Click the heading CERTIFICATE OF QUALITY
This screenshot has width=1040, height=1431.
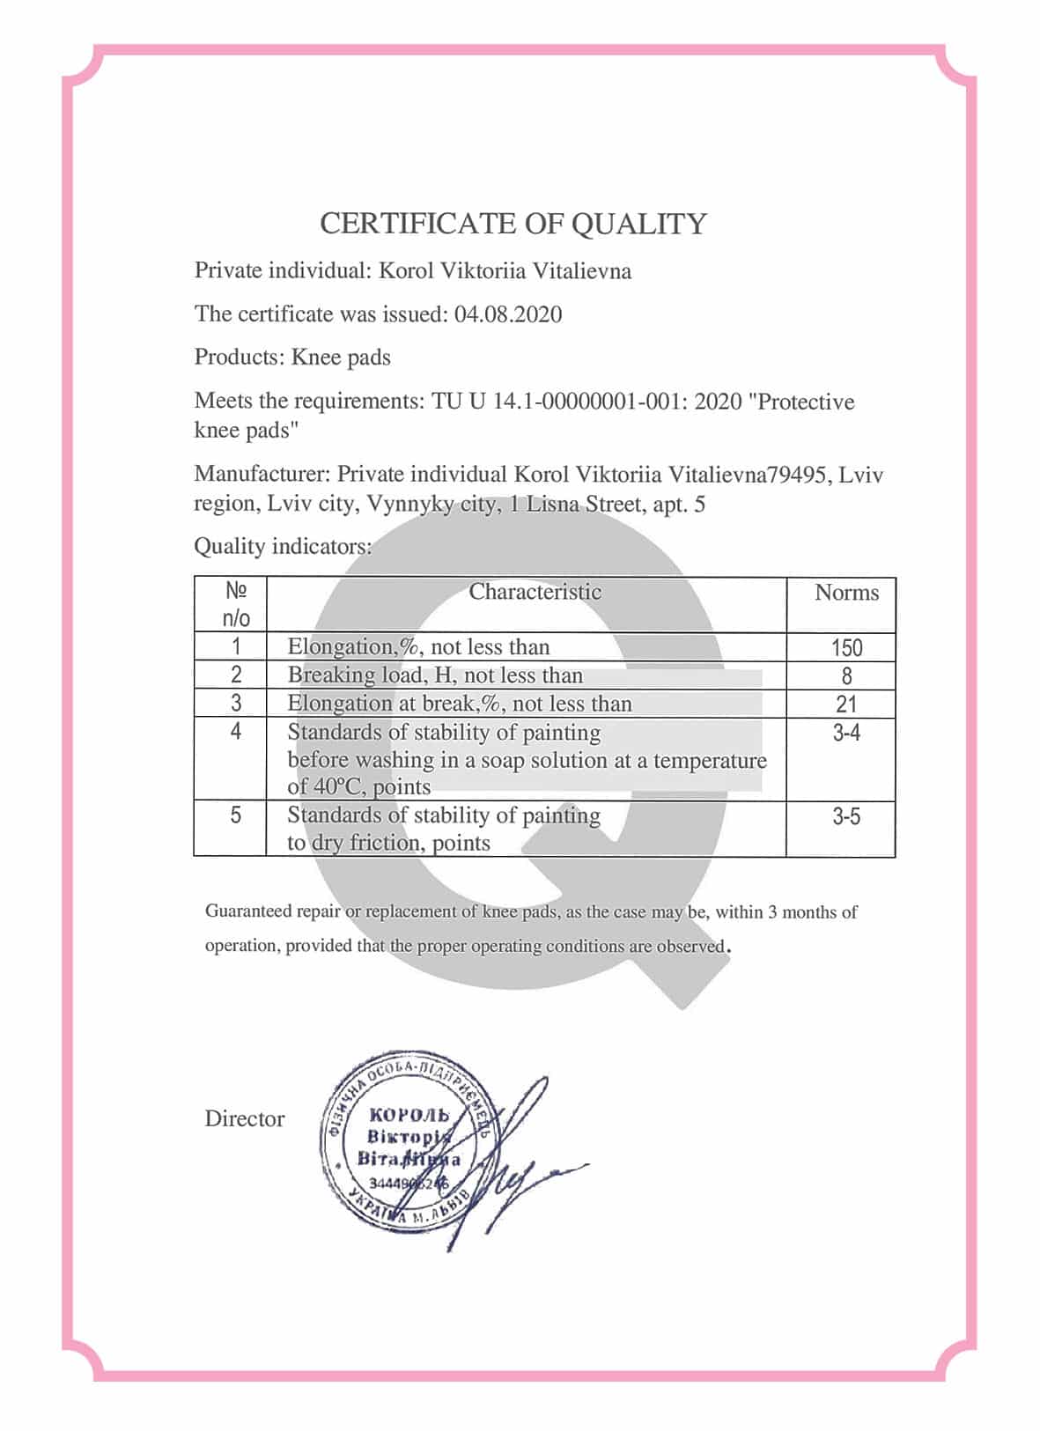513,224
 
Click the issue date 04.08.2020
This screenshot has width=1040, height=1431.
508,314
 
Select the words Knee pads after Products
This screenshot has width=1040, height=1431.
341,358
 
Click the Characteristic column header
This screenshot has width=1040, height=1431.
535,592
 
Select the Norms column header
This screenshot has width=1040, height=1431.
846,593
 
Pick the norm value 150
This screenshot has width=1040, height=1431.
846,648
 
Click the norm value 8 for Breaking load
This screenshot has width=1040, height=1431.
846,676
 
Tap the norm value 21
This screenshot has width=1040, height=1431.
846,704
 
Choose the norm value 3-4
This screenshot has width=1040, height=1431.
846,733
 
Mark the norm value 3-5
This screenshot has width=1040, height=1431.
846,816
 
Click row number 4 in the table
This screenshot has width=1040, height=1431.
235,731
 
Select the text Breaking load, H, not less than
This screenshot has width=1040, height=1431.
435,675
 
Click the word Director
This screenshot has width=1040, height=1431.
245,1119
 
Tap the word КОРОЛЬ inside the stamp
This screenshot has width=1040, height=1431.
409,1116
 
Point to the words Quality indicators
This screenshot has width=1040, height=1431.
283,547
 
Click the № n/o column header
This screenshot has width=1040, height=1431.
235,604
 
